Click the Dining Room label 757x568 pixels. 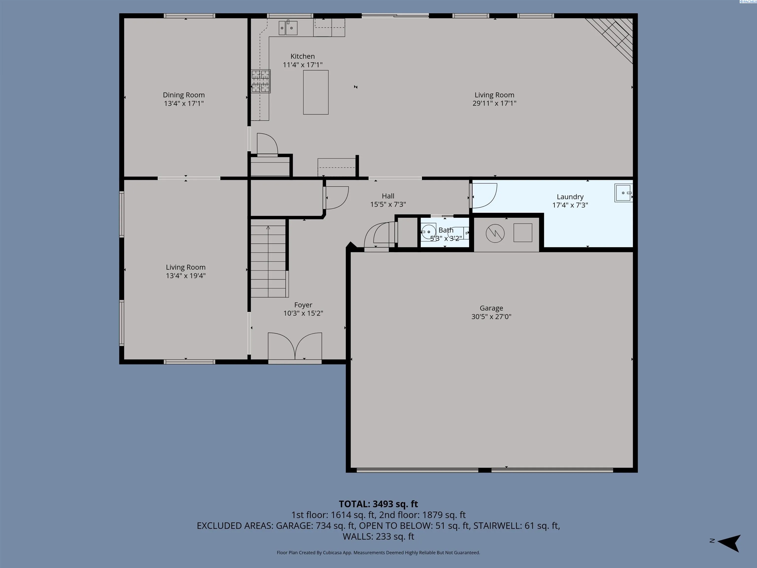(184, 95)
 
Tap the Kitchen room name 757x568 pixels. (303, 56)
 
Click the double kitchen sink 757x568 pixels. (288, 28)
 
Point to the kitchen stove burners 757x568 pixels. (261, 81)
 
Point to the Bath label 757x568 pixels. (446, 230)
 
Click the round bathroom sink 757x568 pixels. (429, 232)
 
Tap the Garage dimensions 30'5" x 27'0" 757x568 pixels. (491, 317)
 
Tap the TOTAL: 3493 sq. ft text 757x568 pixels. (378, 504)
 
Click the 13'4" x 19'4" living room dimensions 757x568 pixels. (186, 276)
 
